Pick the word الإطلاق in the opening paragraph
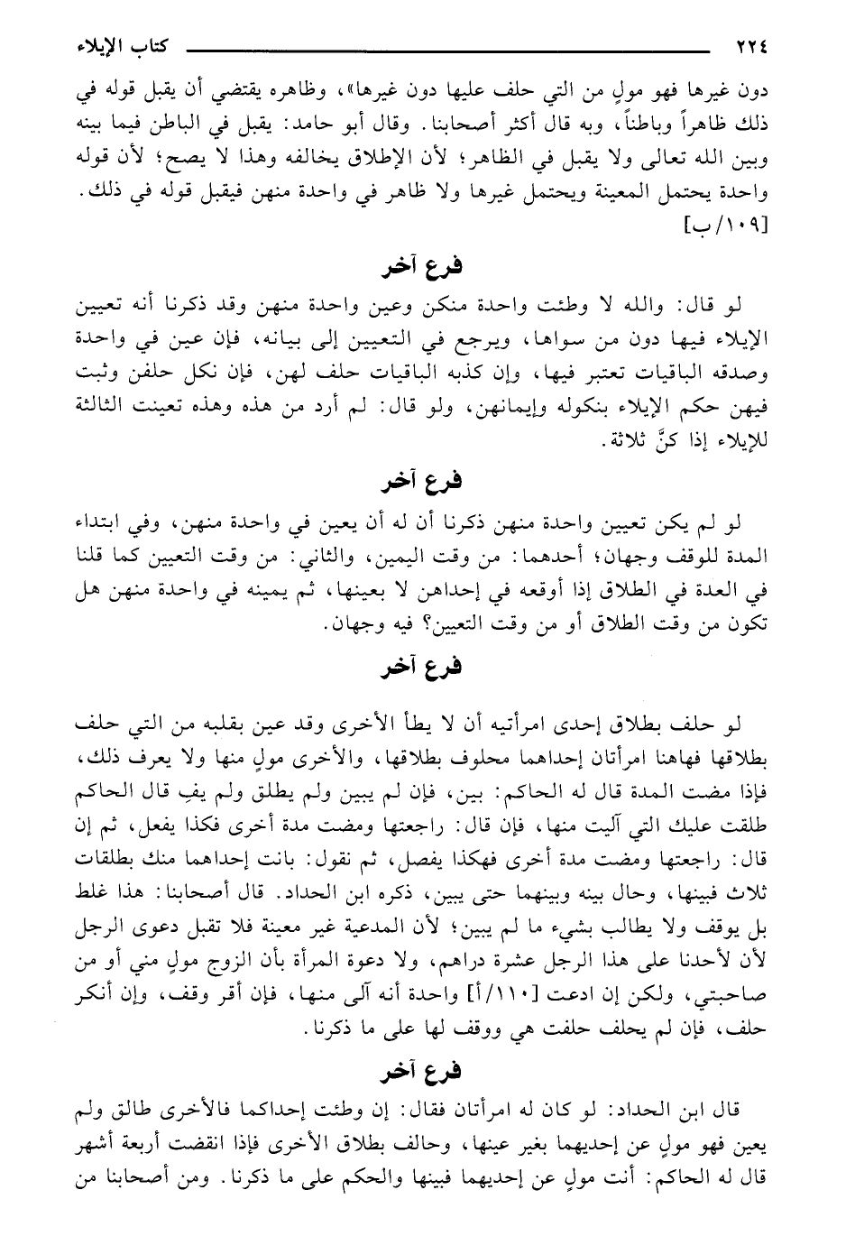(356, 150)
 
